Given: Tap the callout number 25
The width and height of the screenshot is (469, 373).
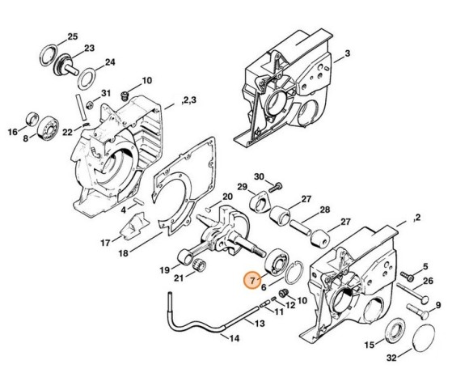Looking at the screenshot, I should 72,37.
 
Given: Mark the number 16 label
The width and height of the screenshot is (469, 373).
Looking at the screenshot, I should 12,132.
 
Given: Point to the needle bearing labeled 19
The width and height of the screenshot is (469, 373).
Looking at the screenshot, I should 192,261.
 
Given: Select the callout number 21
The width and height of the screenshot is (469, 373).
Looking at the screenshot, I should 179,279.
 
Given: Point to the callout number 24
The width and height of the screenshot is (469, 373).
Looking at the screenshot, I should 110,61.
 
